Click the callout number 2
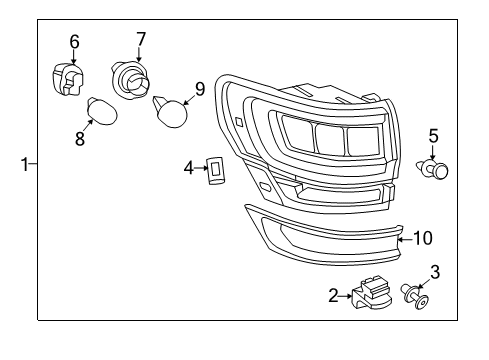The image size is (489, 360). (x=333, y=295)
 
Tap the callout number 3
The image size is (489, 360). (x=434, y=270)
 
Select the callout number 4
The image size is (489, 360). (x=188, y=168)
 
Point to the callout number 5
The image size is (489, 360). (x=433, y=135)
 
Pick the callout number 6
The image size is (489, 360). (x=74, y=41)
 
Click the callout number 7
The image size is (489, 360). (x=140, y=40)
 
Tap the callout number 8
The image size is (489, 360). (x=80, y=139)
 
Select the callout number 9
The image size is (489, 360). (x=199, y=89)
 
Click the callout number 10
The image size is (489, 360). (x=422, y=238)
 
